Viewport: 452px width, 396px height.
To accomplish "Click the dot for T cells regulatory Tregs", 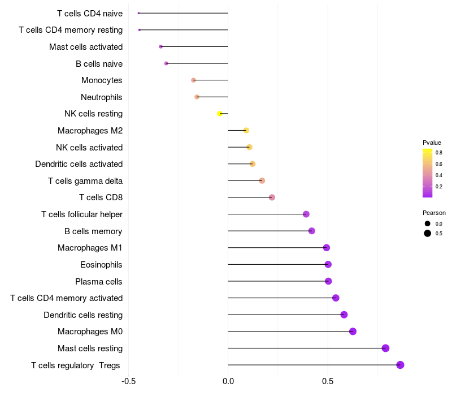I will pos(400,365).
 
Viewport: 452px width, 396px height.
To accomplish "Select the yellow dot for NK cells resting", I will pos(220,114).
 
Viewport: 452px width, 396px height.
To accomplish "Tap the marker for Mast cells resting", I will pos(385,348).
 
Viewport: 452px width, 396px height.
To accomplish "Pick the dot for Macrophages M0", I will pos(353,332).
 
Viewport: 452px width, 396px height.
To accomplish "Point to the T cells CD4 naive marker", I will pos(139,13).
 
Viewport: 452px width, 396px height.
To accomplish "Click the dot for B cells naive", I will pos(166,63).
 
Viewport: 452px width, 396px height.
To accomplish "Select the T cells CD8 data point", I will pos(272,197).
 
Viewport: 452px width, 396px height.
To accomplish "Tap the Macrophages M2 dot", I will pos(246,131).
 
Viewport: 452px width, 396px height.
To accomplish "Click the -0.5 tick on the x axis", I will pos(129,382).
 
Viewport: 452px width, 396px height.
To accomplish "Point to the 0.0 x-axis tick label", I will pos(228,382).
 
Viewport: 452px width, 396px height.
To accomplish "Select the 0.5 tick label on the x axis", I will pos(327,382).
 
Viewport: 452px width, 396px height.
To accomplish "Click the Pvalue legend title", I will pos(432,143).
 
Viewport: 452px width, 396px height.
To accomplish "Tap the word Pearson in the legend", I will pos(434,213).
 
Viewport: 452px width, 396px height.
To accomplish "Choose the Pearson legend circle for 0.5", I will pos(428,233).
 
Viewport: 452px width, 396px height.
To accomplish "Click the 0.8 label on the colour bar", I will pos(439,152).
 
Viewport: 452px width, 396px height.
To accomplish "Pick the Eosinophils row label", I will pos(101,264).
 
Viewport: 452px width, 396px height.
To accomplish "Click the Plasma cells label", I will pos(99,281).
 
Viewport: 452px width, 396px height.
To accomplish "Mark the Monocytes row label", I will pos(102,80).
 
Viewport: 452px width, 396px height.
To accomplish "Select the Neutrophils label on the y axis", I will pos(102,97).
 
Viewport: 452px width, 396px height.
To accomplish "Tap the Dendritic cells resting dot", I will pos(344,315).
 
